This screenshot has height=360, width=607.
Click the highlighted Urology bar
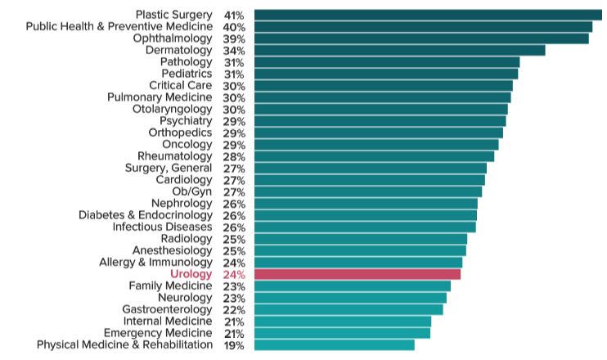click(x=357, y=274)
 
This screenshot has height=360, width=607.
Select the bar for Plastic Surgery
click(x=428, y=15)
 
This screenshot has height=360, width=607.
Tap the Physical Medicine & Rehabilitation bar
click(x=335, y=345)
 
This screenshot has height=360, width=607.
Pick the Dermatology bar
click(x=399, y=51)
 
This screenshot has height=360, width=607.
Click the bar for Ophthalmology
click(x=421, y=38)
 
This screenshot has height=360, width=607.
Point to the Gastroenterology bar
click(x=348, y=309)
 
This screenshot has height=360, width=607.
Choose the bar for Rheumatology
click(x=374, y=156)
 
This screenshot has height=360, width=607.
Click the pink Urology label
click(x=191, y=274)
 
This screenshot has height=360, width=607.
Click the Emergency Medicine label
click(x=157, y=333)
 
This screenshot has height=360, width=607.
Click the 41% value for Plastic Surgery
click(x=234, y=16)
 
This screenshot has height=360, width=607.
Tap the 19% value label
click(x=234, y=345)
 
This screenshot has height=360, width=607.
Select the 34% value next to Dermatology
click(x=234, y=51)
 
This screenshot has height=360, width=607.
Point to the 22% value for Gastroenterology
click(x=234, y=310)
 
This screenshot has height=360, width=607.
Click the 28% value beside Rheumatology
click(x=234, y=156)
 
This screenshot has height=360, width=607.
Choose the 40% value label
click(x=234, y=27)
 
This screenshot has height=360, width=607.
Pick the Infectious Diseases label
click(x=162, y=227)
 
